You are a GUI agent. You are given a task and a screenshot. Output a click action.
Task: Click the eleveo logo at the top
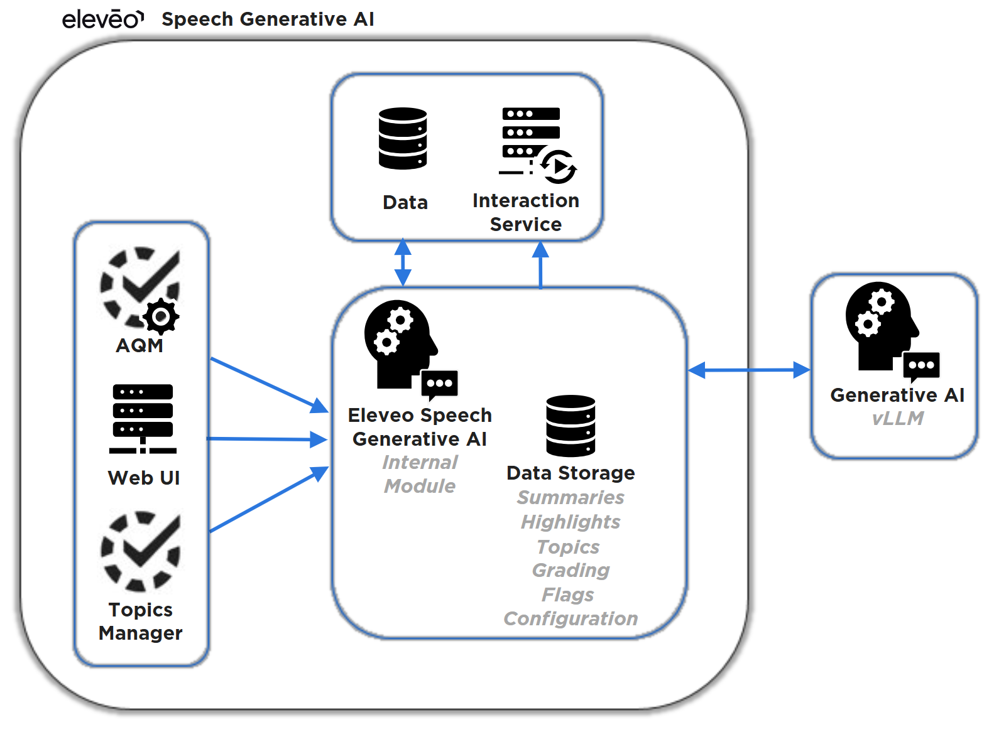click(x=102, y=19)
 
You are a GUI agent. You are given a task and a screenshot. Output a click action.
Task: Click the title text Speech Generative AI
click(x=268, y=19)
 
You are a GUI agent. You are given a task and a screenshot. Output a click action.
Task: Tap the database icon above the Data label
click(x=403, y=139)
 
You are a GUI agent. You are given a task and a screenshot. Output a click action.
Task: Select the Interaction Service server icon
click(x=534, y=144)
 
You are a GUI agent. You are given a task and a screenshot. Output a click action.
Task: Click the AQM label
click(x=139, y=346)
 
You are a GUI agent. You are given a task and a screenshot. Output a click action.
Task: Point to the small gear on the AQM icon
click(x=161, y=316)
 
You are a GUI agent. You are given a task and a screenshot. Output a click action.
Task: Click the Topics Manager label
click(x=141, y=622)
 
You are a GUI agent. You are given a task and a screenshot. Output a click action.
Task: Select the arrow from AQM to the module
click(x=269, y=385)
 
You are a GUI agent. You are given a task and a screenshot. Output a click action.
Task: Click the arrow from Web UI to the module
click(x=267, y=439)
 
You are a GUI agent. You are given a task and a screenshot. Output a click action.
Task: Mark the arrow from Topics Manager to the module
click(x=269, y=500)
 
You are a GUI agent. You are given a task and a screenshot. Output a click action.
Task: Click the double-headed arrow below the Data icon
click(x=403, y=262)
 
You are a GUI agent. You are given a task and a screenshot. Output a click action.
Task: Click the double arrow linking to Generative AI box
click(x=749, y=370)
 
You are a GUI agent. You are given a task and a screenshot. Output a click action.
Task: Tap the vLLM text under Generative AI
click(x=897, y=419)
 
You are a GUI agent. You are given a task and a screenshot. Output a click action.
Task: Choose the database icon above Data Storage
click(x=571, y=426)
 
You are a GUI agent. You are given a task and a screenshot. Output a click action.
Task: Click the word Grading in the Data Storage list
click(x=571, y=571)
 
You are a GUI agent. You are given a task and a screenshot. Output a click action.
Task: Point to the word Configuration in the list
click(x=571, y=619)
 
